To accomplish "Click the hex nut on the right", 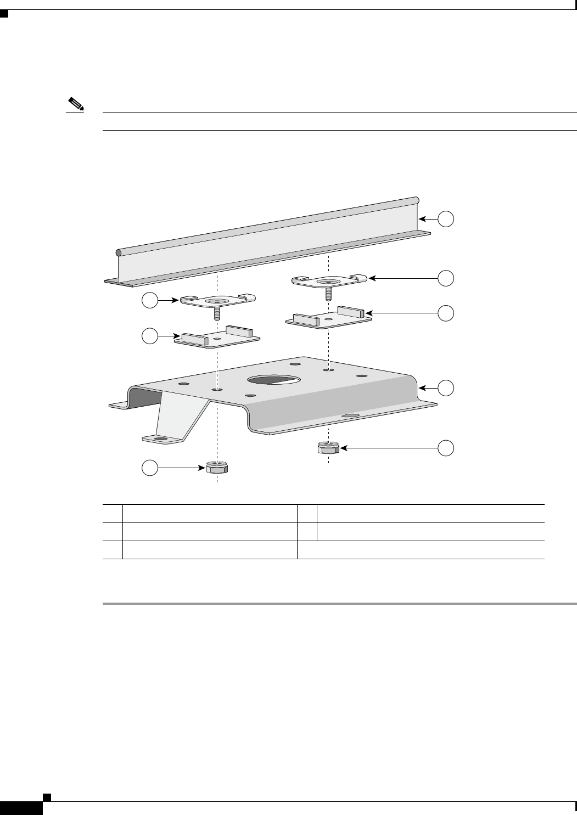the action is tap(328, 448).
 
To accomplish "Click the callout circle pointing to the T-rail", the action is tap(446, 219).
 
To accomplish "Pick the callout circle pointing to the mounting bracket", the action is tap(446, 388).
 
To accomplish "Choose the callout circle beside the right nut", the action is tap(446, 448).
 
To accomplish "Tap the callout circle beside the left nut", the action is tap(150, 468).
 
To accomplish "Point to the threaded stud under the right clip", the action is tap(328, 294).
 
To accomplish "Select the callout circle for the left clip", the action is tap(150, 300).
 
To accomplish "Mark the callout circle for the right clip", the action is tap(446, 278).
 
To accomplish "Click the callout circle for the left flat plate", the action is tap(150, 335).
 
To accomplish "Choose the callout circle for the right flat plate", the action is tap(446, 313).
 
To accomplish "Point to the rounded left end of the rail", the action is tap(119, 253).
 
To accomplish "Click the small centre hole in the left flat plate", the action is tap(218, 340).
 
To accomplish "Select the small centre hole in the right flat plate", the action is tap(328, 318).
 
